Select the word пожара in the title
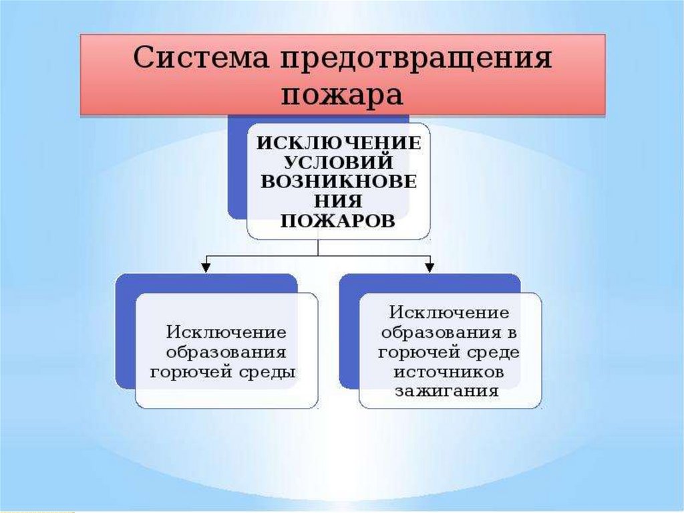342,94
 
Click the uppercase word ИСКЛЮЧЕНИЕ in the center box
339,143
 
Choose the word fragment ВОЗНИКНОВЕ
339,182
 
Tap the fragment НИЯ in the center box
339,201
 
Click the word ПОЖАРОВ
339,220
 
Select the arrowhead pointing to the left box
207,266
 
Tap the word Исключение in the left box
226,332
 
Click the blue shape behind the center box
236,167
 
